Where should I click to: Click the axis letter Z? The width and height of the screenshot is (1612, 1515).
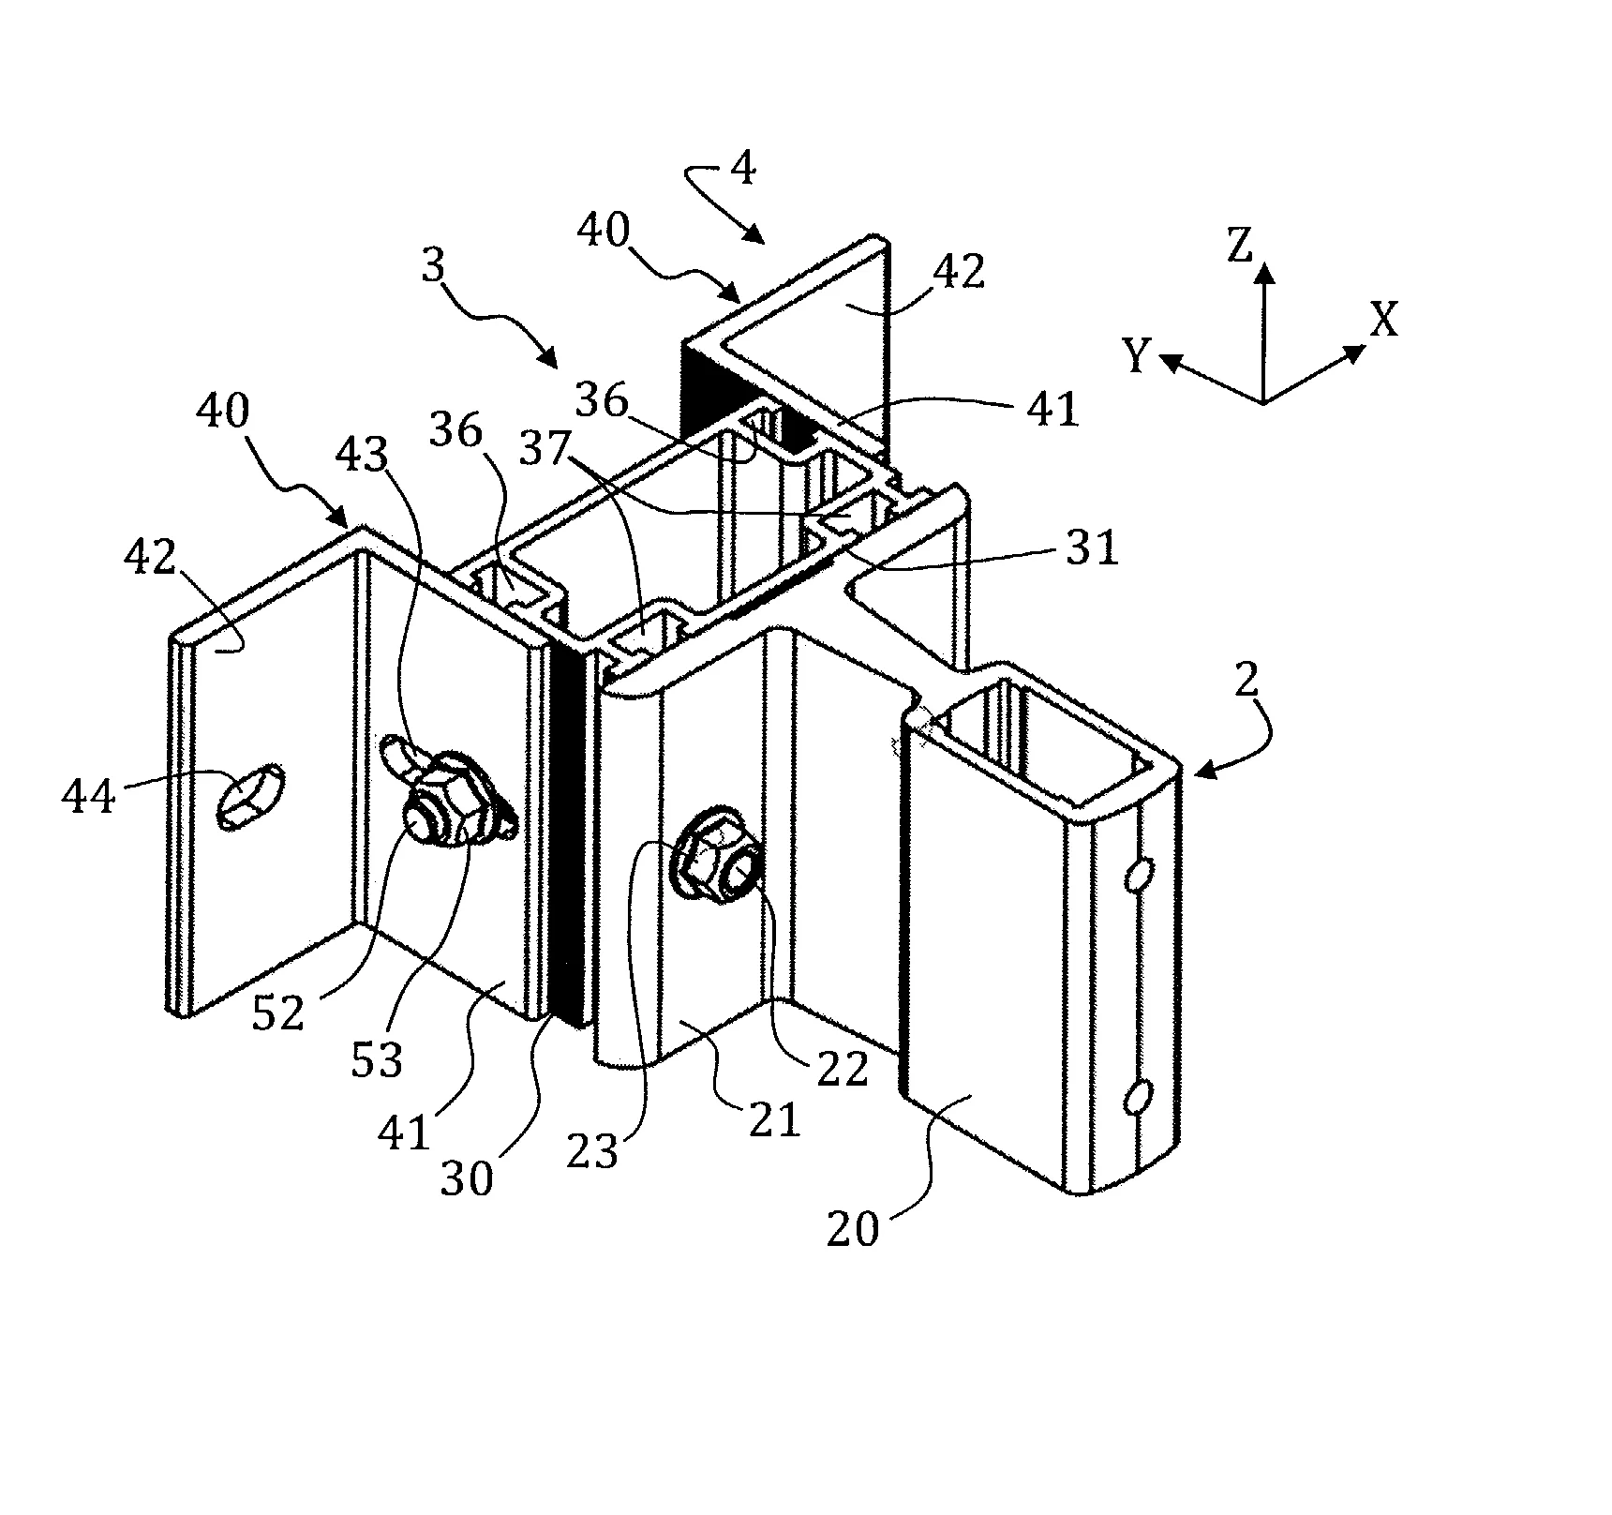1240,247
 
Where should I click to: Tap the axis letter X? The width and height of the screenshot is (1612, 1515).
1384,320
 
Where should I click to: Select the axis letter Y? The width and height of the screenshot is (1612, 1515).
1136,356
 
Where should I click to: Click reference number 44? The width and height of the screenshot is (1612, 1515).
89,797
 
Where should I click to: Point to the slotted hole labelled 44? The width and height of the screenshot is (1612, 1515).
249,796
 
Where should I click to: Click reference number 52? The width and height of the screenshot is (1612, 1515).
278,1013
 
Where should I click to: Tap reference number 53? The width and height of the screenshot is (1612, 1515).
376,1059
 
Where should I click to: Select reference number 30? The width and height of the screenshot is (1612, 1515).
467,1177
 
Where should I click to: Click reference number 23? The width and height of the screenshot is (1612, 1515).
592,1152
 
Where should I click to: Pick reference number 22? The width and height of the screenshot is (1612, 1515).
843,1070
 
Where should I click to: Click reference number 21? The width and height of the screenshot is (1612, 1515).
774,1119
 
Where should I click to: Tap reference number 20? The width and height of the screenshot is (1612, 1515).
853,1229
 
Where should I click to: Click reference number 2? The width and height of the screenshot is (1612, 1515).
1246,682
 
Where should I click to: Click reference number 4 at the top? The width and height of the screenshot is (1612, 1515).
742,170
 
